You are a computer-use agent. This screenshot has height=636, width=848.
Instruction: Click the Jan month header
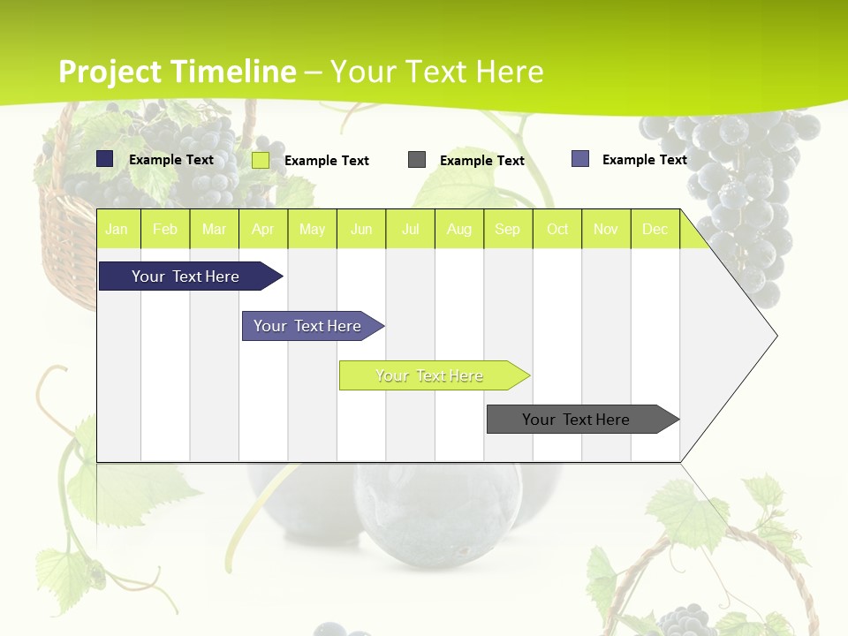coord(117,229)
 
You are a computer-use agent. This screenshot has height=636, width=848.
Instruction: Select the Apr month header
coord(262,229)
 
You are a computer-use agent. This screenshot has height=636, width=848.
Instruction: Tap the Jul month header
coord(410,229)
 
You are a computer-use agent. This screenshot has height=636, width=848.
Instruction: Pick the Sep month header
coord(507,229)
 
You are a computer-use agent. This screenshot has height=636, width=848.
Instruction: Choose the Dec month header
coord(655,229)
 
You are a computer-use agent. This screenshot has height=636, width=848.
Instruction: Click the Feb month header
coord(165,229)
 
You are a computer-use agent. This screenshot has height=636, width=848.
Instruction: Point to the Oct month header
coord(557,229)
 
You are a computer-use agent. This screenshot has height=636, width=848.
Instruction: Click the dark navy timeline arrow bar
coord(186,276)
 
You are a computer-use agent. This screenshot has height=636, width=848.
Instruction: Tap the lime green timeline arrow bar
coord(430,375)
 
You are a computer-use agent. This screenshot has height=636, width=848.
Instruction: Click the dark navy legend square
coord(105,159)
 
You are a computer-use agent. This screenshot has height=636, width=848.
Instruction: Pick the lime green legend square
coord(261,160)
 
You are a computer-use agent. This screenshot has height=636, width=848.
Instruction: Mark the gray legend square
coord(417,160)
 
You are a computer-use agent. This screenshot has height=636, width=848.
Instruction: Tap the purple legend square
coord(580,159)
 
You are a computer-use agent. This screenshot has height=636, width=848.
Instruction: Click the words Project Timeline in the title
coord(177,72)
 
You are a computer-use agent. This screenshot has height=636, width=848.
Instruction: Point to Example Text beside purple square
coord(644,160)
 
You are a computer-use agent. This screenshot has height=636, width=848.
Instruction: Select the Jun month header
coord(361,229)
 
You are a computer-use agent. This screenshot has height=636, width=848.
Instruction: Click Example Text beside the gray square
coord(481,161)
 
